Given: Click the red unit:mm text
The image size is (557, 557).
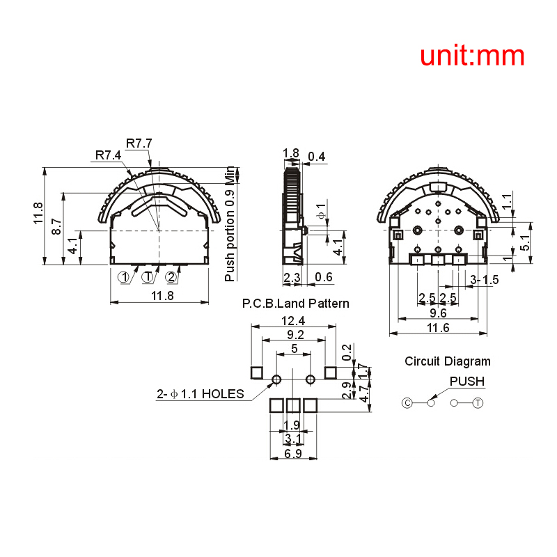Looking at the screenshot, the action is pos(472,56).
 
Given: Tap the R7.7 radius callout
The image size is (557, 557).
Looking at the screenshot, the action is pos(139,143).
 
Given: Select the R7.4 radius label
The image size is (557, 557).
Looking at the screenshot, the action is pos(109,155).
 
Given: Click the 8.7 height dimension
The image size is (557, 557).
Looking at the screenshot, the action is pos(57,227).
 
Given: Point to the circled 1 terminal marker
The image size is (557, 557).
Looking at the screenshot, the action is pos(124,277).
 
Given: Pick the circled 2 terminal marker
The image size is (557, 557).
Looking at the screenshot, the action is pos(171,277).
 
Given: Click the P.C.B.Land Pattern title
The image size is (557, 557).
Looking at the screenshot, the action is pos(295,304).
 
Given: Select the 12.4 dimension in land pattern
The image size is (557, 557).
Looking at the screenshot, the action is pos(293,321).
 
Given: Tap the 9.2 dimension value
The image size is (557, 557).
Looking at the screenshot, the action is pos(295,335).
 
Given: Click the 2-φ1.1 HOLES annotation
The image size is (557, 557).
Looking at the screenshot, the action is pos(201,394).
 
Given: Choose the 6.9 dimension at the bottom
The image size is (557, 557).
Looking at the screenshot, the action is pos(293,454).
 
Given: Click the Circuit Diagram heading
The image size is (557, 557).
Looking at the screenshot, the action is pos(448,361).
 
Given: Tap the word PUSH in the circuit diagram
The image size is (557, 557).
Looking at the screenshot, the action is pos(466,382).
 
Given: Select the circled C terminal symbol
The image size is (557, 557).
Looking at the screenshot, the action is pos(407,403).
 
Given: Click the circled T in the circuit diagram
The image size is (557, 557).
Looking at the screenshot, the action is pos(478,403).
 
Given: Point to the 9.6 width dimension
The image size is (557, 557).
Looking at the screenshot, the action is pos(438,313).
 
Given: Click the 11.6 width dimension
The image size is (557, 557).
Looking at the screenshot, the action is pos(438,328).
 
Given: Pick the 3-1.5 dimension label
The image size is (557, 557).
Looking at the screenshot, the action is pos(485,280).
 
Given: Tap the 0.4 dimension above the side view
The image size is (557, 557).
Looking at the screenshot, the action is pos(317,157).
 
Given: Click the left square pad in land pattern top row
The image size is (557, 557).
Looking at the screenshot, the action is pos(257,373).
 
